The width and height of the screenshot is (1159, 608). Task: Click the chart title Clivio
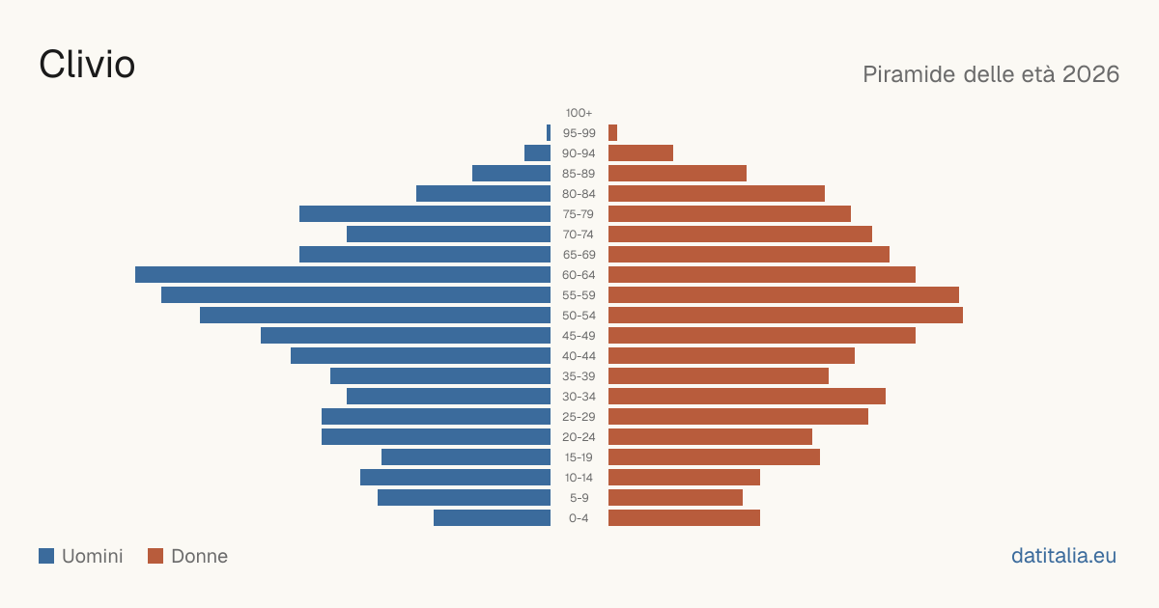pyautogui.click(x=87, y=65)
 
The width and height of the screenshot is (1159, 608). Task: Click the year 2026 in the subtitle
pyautogui.click(x=1090, y=74)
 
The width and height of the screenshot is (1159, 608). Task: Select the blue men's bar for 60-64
pyautogui.click(x=343, y=274)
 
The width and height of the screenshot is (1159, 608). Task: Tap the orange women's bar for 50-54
pyautogui.click(x=785, y=316)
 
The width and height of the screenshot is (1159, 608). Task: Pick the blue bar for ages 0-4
pyautogui.click(x=492, y=518)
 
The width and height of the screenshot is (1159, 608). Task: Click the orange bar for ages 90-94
pyautogui.click(x=640, y=153)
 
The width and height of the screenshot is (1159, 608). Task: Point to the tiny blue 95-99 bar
pyautogui.click(x=549, y=133)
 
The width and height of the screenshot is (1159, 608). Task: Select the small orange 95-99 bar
pyautogui.click(x=612, y=133)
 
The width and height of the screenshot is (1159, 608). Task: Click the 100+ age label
pyautogui.click(x=579, y=113)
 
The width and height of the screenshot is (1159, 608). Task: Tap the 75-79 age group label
pyautogui.click(x=579, y=214)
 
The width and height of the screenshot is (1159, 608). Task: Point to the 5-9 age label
pyautogui.click(x=579, y=498)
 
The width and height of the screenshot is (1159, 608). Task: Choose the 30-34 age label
pyautogui.click(x=579, y=397)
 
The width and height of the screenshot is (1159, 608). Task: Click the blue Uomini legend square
pyautogui.click(x=46, y=556)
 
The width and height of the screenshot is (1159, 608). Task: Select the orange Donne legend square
pyautogui.click(x=155, y=556)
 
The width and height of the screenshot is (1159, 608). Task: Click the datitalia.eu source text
pyautogui.click(x=1063, y=556)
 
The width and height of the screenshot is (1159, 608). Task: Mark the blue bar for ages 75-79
pyautogui.click(x=425, y=214)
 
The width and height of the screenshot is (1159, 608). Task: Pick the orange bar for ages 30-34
pyautogui.click(x=748, y=397)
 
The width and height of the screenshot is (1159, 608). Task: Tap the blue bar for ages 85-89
pyautogui.click(x=511, y=173)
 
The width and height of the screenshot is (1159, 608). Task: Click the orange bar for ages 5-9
pyautogui.click(x=676, y=498)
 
